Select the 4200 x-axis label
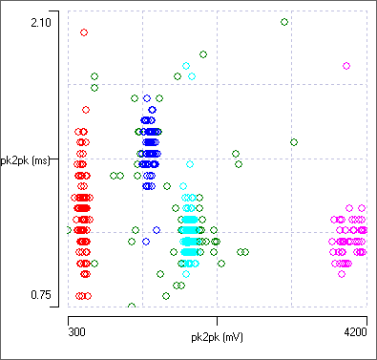(x=354, y=332)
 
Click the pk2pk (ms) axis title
(x=25, y=160)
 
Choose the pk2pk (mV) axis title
(x=217, y=336)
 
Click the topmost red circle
(x=84, y=32)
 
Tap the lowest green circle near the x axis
(x=132, y=307)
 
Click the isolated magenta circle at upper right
(x=346, y=66)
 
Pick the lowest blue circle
(x=157, y=230)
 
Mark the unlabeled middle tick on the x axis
(x=217, y=312)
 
